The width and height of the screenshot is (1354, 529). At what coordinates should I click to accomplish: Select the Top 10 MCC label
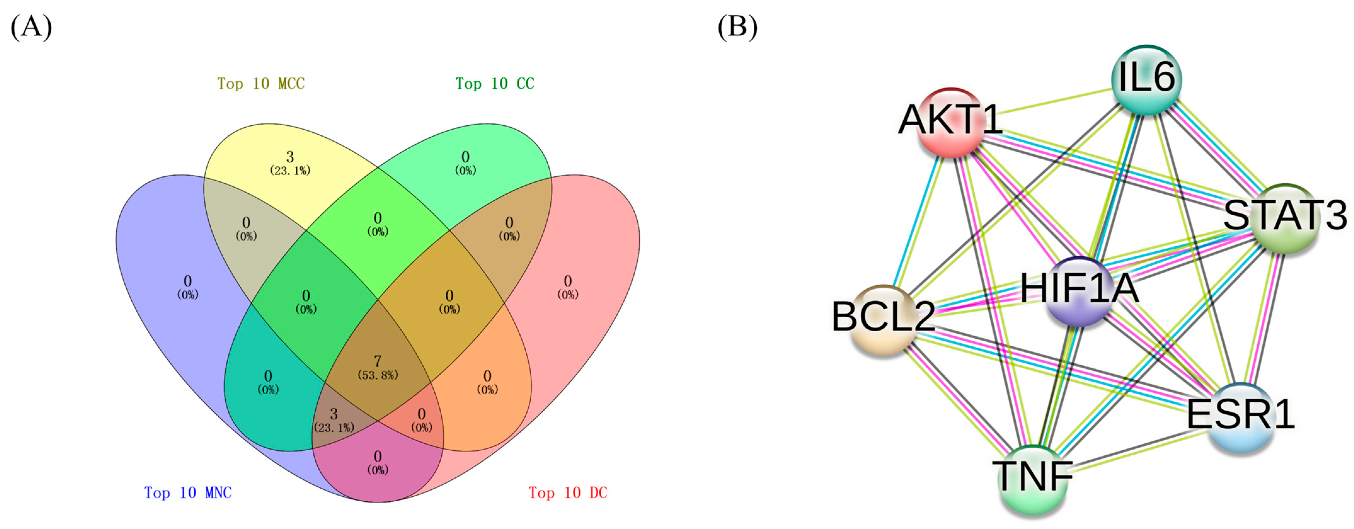coord(261,83)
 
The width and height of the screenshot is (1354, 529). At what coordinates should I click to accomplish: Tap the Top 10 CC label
coord(494,83)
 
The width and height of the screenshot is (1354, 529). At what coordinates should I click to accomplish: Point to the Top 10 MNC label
coord(188,493)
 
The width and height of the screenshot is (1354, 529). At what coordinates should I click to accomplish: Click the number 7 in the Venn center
coord(377,361)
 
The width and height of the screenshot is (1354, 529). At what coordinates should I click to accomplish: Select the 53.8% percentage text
coord(377,375)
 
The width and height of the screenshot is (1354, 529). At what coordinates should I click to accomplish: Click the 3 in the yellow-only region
coord(290,156)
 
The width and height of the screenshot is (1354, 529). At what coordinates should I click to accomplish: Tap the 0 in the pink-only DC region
coord(567,281)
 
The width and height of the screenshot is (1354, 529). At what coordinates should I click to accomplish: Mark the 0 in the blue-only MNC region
coord(188,281)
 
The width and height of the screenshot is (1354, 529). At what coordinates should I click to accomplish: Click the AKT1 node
coord(950,122)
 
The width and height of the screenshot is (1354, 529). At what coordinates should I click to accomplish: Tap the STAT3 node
coord(1284,218)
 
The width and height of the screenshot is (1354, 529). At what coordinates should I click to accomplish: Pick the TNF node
coord(1033,478)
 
